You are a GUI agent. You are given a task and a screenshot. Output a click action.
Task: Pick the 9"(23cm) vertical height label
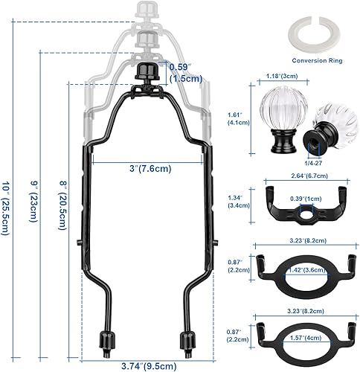click(x=34, y=201)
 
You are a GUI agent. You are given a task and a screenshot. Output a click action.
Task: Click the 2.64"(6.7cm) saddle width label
click(x=306, y=177)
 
